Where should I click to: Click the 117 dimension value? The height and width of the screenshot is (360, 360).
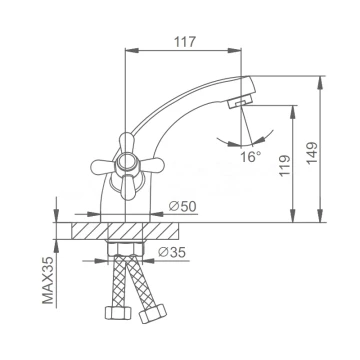click(x=185, y=42)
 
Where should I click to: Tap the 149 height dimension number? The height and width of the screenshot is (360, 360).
click(x=312, y=153)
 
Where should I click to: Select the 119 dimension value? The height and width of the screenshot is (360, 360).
click(x=285, y=166)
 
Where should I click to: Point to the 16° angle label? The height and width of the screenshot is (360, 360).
click(x=251, y=156)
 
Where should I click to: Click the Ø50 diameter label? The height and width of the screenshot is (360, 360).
click(x=182, y=207)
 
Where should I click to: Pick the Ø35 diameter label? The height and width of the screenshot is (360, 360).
click(x=172, y=252)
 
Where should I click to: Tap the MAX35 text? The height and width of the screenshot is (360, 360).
click(x=48, y=280)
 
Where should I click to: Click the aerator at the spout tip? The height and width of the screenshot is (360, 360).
click(x=240, y=102)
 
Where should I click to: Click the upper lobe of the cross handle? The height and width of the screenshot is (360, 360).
click(x=126, y=142)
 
